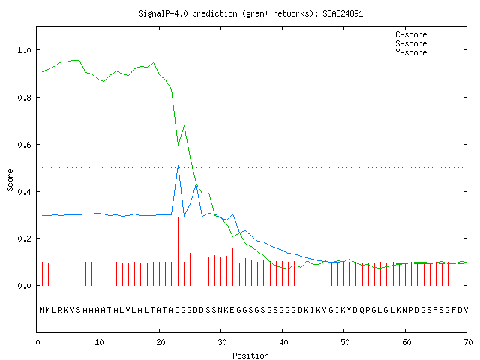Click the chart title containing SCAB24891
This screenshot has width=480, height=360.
250,13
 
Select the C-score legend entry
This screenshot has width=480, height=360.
427,34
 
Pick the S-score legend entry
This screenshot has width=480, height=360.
427,43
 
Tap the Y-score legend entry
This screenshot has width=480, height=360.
427,52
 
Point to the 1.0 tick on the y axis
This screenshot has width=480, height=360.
25,50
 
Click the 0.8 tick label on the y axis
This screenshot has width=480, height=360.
25,97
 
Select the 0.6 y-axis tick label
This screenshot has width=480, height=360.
25,145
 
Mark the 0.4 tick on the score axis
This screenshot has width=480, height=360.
25,192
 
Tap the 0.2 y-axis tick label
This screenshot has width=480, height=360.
25,238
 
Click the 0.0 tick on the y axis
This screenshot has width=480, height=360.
25,286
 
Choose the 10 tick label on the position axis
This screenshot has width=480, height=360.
99,342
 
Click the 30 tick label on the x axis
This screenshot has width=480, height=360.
222,342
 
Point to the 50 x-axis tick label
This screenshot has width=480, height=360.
345,342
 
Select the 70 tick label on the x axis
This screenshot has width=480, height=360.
468,342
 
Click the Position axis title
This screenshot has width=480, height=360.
250,355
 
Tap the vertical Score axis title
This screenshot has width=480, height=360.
10,180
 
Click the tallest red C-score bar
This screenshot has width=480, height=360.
178,252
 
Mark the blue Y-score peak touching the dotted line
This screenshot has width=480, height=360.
178,166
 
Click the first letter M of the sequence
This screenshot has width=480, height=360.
42,310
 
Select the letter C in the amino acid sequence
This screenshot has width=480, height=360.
178,310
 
